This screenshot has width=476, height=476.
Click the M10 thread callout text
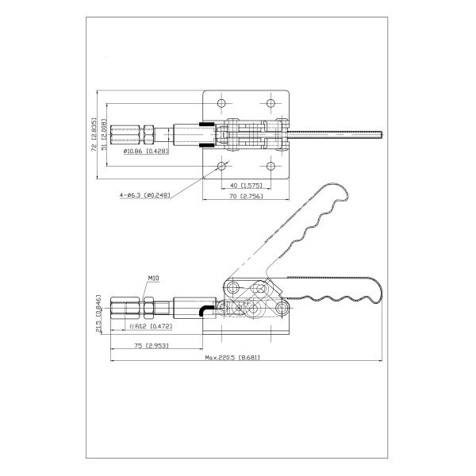point(155,278)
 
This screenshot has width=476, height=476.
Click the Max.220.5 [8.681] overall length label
point(233,358)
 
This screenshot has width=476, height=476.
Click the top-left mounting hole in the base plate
point(221,103)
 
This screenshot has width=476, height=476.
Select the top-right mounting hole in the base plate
point(272,103)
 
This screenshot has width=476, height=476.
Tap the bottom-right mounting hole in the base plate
point(272,166)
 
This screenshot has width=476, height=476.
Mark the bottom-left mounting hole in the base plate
point(221,166)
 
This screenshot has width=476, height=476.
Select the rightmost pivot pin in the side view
point(282,308)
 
